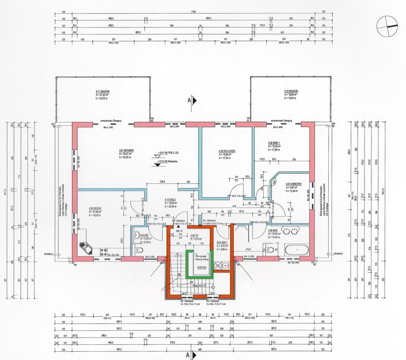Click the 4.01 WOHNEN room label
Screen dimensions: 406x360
click(126, 150)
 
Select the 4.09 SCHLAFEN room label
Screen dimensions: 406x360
click(227, 151)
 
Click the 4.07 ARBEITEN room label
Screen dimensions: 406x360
click(293, 184)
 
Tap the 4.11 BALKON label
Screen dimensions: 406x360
click(103, 91)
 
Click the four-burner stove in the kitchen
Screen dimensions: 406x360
click(103, 252)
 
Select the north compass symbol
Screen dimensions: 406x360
click(387, 25)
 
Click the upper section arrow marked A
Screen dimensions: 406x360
click(193, 100)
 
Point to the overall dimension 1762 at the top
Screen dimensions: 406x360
click(193, 12)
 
